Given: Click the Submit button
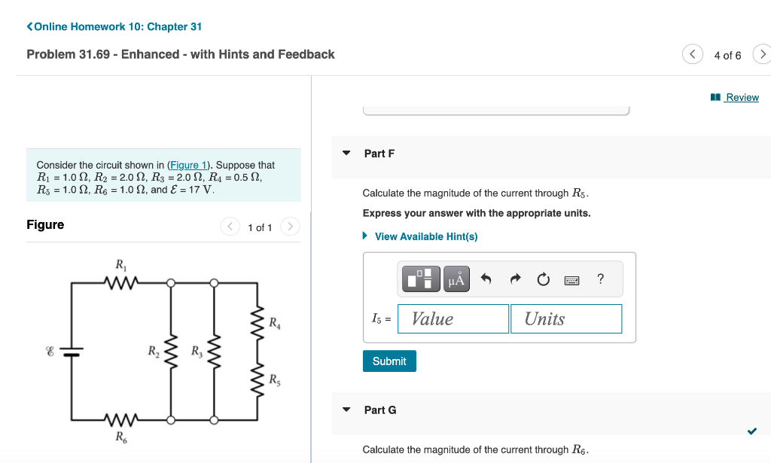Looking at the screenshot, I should [x=389, y=361].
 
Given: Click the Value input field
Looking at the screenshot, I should [x=453, y=318].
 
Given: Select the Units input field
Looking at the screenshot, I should [x=565, y=318].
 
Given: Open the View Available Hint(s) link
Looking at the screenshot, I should [x=425, y=236].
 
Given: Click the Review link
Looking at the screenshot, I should [x=742, y=97].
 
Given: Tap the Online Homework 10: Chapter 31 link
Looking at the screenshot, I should [x=117, y=26].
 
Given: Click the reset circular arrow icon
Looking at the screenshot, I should [x=544, y=280].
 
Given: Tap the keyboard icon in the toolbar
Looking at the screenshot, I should [x=571, y=280].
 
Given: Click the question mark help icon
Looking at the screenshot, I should [x=600, y=279].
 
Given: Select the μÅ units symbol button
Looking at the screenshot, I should [x=457, y=280].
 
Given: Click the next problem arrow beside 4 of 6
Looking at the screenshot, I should [x=762, y=55].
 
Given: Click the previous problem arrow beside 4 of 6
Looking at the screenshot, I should [x=692, y=55].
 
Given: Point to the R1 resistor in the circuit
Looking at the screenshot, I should [x=120, y=283].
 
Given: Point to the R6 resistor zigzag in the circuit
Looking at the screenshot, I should [x=120, y=419].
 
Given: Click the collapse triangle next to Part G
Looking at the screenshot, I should [x=346, y=410].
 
